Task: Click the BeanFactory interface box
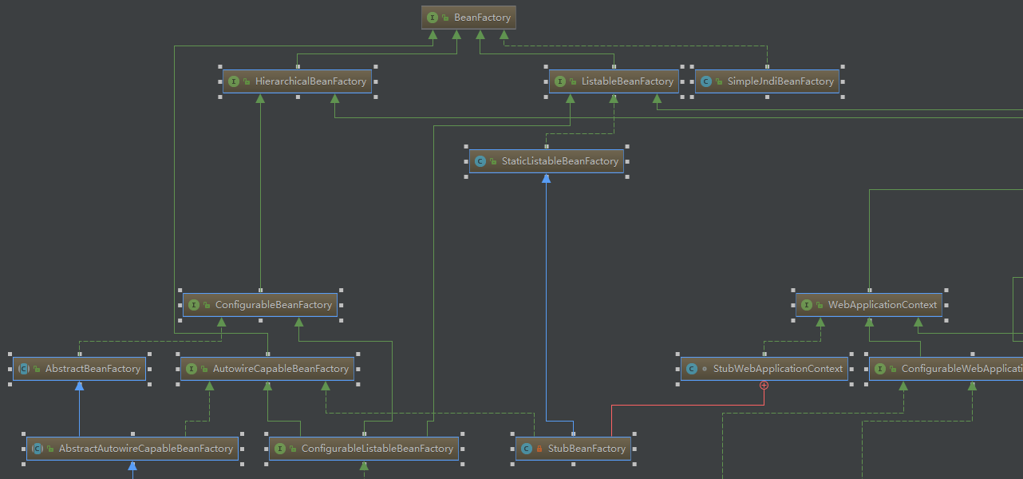(468, 18)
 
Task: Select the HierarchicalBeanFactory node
(298, 81)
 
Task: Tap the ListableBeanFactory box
(614, 81)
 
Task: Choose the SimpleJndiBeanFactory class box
(767, 81)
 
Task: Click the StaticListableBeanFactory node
(547, 161)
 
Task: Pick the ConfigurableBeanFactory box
(260, 305)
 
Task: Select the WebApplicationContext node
(869, 305)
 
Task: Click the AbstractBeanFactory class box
(79, 369)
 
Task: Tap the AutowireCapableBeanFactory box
(268, 369)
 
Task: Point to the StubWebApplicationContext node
(764, 369)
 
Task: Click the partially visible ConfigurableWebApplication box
(946, 369)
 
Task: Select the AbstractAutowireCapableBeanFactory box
(132, 449)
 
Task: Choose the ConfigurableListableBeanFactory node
(364, 449)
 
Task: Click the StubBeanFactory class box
(573, 449)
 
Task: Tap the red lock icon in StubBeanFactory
(539, 449)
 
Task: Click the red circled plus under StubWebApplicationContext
(764, 385)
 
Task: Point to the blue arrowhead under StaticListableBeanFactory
(547, 179)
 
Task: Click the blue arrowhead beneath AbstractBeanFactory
(79, 386)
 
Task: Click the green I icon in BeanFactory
(433, 18)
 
